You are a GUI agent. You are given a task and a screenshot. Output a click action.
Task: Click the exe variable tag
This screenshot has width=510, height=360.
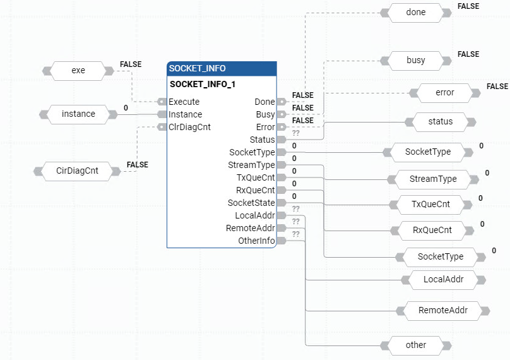tap(78, 71)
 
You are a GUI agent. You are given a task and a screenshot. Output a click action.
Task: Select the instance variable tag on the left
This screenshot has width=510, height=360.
tap(78, 114)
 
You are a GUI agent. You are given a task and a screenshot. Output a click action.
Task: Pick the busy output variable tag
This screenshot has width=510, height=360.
tap(415, 61)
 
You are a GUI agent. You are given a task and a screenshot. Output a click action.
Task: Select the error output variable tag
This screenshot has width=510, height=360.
tap(445, 93)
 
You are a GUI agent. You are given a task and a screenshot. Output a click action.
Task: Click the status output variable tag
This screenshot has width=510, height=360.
tap(440, 121)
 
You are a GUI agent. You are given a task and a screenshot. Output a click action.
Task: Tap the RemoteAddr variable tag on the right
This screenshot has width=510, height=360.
tap(444, 310)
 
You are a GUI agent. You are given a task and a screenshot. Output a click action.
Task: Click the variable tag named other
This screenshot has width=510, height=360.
tap(415, 345)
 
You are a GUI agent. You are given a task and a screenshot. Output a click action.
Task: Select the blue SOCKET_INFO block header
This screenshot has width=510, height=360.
tap(222, 68)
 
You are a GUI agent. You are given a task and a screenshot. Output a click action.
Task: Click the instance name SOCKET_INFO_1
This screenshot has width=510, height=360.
tap(203, 84)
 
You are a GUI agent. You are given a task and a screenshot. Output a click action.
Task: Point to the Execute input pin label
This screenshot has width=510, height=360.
tap(184, 102)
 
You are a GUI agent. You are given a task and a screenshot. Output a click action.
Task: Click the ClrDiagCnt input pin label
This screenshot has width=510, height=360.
tap(189, 127)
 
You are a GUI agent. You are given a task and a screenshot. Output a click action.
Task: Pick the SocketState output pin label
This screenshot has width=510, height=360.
tap(251, 203)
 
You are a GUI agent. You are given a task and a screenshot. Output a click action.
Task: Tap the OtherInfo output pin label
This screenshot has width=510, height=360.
tap(256, 241)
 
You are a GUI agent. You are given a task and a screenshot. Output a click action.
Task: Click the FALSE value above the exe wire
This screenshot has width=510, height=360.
tap(130, 64)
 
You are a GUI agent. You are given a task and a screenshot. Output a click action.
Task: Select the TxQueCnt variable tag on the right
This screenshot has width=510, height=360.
tap(430, 204)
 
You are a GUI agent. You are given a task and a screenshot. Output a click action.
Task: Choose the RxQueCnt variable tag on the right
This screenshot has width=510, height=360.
tap(432, 230)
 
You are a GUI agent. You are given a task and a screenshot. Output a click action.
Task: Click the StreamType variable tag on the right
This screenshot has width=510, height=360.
tap(433, 179)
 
